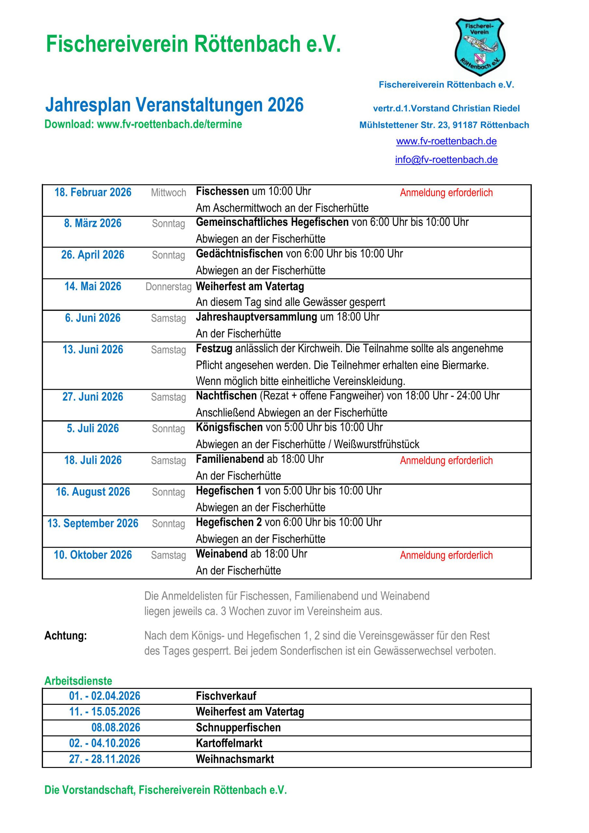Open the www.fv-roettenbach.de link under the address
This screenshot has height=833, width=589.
(446, 141)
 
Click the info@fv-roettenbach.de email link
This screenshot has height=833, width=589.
(446, 160)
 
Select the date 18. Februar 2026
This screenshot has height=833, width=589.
(93, 192)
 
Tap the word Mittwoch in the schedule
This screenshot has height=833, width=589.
(168, 193)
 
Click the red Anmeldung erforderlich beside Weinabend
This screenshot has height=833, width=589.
(446, 555)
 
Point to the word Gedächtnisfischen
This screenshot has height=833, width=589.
(239, 253)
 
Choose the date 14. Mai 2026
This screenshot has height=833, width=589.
(93, 287)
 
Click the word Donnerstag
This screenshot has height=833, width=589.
(168, 287)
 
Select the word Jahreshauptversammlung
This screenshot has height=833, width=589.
(256, 317)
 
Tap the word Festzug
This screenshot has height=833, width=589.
(214, 348)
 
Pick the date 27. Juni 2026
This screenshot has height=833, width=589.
(93, 397)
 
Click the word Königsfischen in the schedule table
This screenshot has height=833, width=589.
(229, 427)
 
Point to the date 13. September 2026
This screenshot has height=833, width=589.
(93, 523)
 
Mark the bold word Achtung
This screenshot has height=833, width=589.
(66, 635)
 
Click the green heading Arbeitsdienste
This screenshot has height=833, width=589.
(78, 681)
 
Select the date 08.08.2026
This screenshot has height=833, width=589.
(116, 728)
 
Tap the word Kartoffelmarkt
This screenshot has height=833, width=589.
(229, 743)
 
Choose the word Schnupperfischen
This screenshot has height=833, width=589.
(238, 728)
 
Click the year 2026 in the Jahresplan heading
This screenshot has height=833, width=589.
(285, 105)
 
